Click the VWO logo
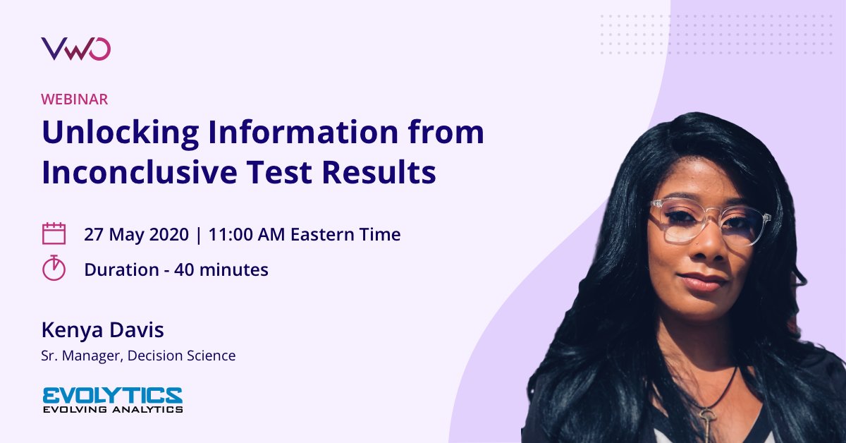76,49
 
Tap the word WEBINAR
75,99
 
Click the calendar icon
54,233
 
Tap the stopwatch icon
54,268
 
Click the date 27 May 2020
136,234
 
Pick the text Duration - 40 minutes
176,269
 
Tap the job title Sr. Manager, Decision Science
138,356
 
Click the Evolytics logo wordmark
113,394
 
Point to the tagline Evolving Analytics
113,409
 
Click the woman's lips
701,281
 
